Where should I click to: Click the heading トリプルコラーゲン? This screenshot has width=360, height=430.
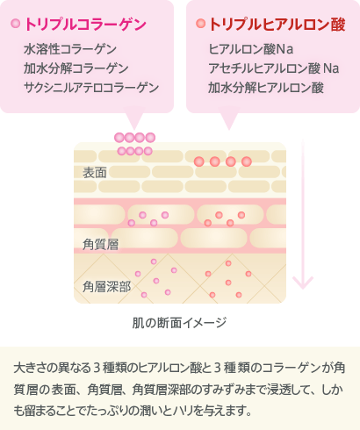click(85, 25)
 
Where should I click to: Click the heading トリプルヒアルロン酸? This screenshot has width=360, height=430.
click(277, 25)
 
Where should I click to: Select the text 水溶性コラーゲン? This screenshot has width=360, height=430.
click(70, 49)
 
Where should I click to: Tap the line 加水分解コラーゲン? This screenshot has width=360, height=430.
click(76, 68)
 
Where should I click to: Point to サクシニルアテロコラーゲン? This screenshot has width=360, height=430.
click(91, 88)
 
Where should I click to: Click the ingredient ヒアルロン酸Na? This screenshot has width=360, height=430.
click(251, 49)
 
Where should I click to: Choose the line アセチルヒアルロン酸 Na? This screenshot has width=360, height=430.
click(274, 68)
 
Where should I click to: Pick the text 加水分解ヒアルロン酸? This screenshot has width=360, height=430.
click(266, 88)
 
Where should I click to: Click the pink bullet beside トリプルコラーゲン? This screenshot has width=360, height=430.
click(15, 24)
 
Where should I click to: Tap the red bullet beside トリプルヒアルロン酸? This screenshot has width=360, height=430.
click(200, 24)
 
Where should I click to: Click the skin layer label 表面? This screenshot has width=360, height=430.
click(95, 173)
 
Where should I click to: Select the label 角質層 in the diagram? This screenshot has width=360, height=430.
click(100, 245)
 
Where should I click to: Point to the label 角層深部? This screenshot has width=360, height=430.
click(106, 287)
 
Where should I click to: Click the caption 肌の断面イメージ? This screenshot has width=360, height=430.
click(179, 323)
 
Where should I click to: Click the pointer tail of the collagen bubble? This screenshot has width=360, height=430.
click(134, 120)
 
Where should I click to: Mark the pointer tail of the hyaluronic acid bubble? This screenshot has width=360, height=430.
click(229, 120)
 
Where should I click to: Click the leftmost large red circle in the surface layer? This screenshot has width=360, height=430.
click(199, 161)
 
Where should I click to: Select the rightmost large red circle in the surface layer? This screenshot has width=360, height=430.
click(247, 161)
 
